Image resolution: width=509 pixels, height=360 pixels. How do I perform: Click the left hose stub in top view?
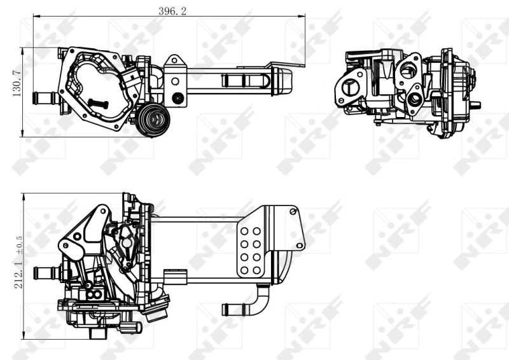pyautogui.click(x=43, y=98)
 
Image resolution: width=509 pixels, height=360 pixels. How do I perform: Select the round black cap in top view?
pyautogui.click(x=153, y=118)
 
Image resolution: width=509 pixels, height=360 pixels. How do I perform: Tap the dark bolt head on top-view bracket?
pyautogui.click(x=179, y=98)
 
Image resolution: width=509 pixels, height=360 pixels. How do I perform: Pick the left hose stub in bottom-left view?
pyautogui.click(x=45, y=273)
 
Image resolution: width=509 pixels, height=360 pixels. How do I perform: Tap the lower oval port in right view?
pyautogui.click(x=415, y=99)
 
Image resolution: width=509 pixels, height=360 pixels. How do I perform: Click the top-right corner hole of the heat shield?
pyautogui.click(x=293, y=211)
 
